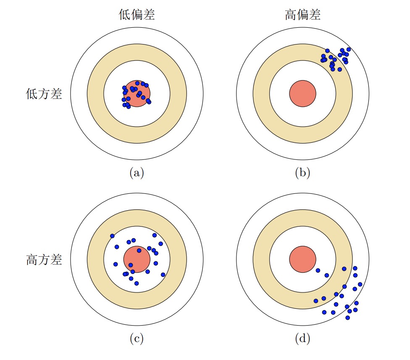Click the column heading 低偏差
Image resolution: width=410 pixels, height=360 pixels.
point(137,16)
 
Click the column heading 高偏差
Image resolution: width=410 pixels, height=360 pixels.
point(302,16)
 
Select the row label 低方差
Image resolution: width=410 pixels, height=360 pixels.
point(44,94)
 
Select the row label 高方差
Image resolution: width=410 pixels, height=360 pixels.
point(44,260)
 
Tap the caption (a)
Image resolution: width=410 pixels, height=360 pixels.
point(137,173)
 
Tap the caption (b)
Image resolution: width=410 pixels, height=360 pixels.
point(302,173)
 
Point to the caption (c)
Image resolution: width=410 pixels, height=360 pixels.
point(137,339)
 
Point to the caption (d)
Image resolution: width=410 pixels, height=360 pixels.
point(302,339)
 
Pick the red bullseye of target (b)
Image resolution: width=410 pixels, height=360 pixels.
point(302,93)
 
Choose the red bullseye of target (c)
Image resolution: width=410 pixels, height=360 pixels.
point(137,259)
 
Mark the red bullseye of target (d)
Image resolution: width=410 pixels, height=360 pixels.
point(302,259)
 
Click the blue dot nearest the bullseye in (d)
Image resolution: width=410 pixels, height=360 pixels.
point(318,270)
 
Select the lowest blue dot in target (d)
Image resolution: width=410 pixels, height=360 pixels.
point(347,318)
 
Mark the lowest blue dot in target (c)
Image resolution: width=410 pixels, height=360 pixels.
point(136,283)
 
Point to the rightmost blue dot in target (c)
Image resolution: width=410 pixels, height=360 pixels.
point(163,274)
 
